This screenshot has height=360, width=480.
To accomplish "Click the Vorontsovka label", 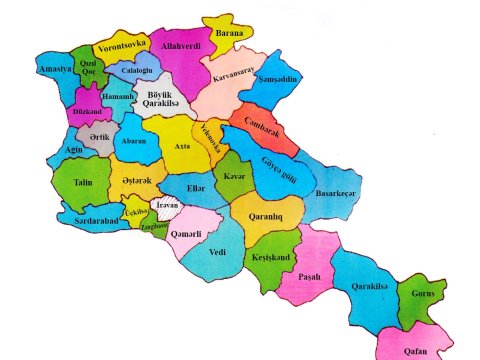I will tap(122, 44).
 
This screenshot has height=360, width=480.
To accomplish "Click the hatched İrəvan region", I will tap(163, 210).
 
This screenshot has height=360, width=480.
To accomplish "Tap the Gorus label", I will tap(420, 298).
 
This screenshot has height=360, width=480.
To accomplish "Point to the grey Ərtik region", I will tap(98, 137).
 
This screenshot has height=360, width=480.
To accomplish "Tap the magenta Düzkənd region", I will tap(86, 112).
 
